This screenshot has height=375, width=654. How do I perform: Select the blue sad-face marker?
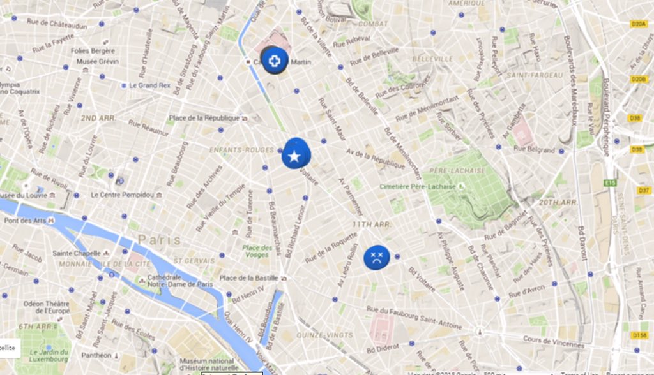point(377,257)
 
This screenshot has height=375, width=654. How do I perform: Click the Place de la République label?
point(204,118)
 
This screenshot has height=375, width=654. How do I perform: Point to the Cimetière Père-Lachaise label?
point(417,186)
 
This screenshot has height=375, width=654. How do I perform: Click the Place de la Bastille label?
point(248,278)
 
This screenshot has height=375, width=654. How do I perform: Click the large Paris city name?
point(159,240)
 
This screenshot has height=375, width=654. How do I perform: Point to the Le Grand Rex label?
point(149,85)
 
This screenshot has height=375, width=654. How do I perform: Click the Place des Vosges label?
point(257,251)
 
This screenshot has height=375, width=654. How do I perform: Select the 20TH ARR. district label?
point(558,202)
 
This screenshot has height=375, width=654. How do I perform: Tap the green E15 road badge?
point(610,183)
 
